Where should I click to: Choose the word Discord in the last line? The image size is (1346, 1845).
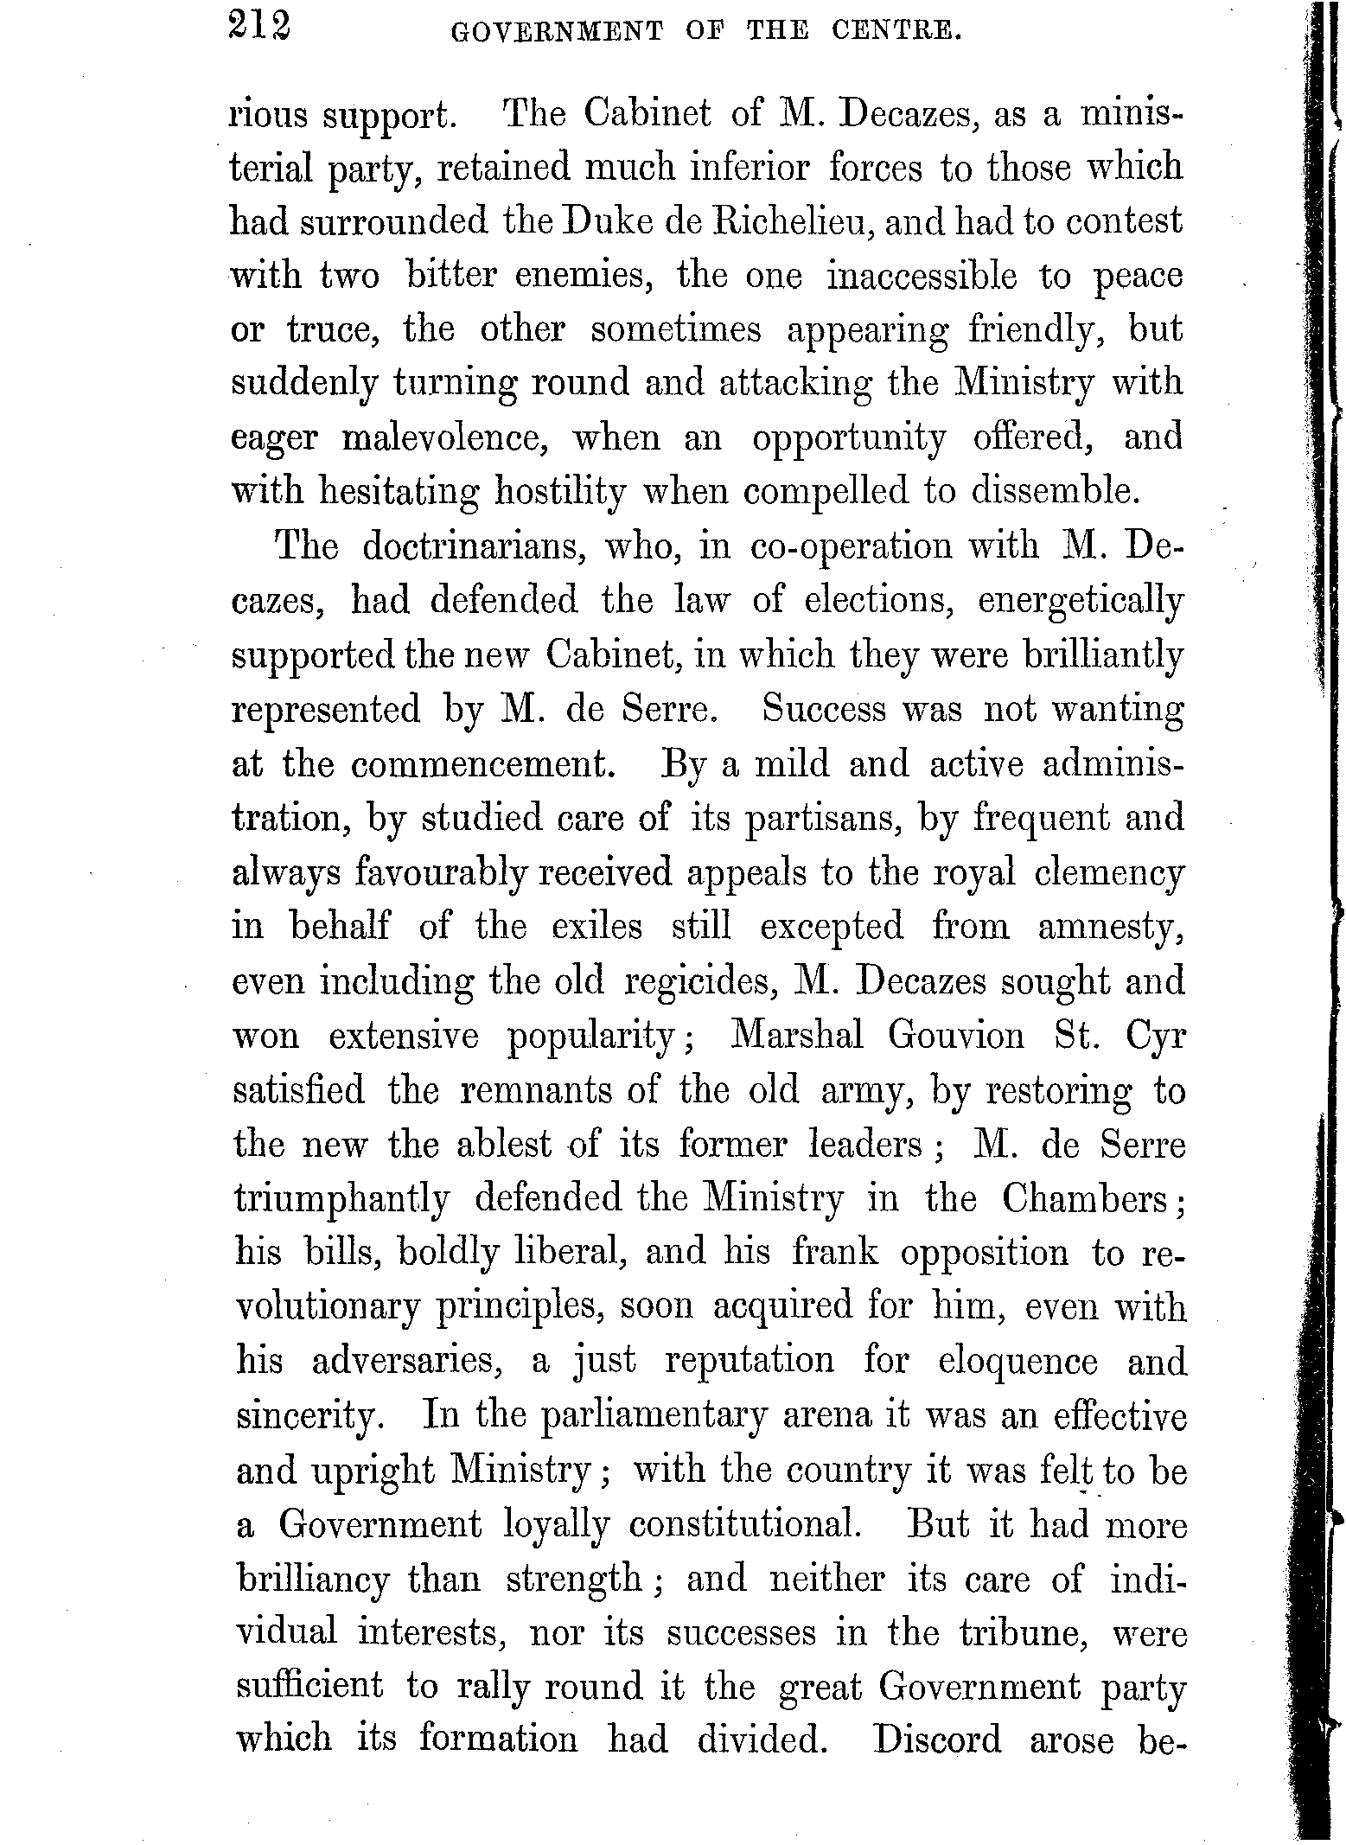point(937,1740)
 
